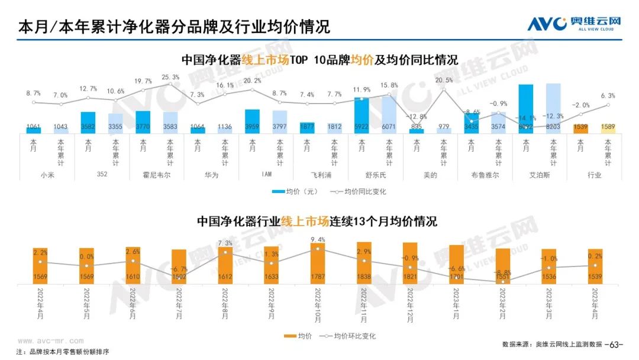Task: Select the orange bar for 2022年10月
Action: [x=317, y=263]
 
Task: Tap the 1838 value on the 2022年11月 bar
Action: [x=364, y=276]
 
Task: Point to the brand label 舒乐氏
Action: [x=376, y=175]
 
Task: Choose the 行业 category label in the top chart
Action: [x=595, y=175]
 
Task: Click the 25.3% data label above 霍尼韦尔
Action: [x=170, y=77]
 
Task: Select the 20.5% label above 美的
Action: [x=444, y=80]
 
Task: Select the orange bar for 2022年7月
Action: [x=179, y=266]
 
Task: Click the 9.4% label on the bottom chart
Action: [x=318, y=240]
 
